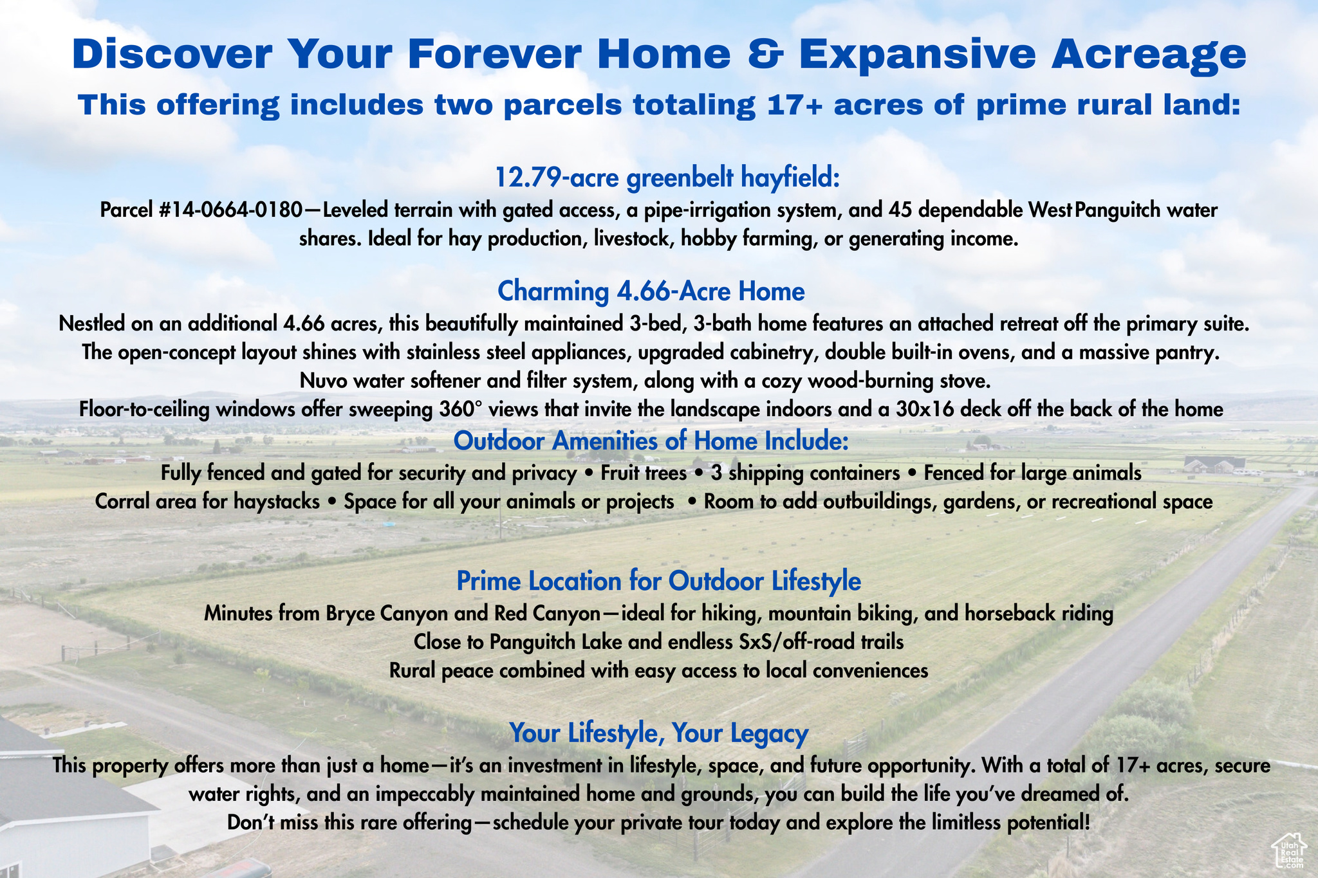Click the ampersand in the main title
[x=765, y=54]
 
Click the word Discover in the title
[x=172, y=54]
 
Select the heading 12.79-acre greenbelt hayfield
[x=668, y=178]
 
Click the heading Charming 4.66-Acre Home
[x=651, y=291]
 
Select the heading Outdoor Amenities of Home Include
[x=651, y=441]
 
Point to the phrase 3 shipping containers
[x=805, y=473]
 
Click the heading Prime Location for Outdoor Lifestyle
[x=658, y=581]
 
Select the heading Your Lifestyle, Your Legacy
[x=658, y=733]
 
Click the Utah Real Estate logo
[x=1288, y=850]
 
